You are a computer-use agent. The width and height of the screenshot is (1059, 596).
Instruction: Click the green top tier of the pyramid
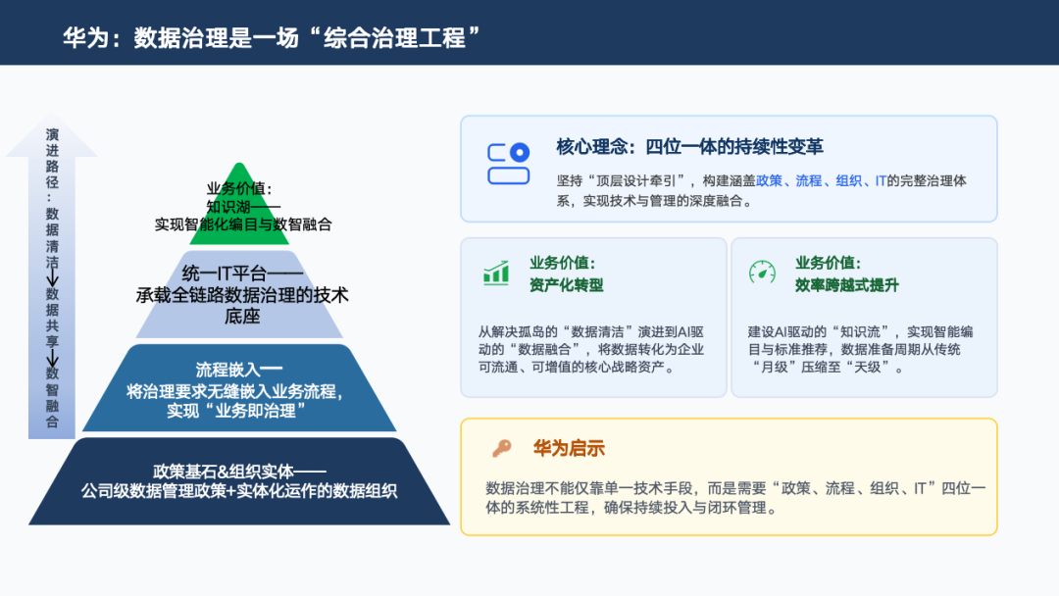tap(239, 209)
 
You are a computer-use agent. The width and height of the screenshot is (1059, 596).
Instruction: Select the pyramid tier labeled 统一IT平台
tap(239, 294)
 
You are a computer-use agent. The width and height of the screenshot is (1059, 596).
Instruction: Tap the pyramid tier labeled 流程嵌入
tap(239, 388)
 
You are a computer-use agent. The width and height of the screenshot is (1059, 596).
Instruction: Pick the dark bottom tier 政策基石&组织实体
tap(239, 481)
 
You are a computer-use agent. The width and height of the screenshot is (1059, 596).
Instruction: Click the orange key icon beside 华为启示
tap(502, 448)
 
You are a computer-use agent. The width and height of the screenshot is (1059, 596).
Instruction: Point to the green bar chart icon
tap(496, 273)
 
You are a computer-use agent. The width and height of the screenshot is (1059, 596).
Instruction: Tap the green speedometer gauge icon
tap(763, 272)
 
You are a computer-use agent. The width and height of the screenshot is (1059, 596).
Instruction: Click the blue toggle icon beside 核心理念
tap(509, 164)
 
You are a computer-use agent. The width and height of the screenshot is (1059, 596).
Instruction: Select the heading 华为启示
tap(569, 448)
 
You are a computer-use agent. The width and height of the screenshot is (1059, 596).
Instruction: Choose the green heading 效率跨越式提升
tap(846, 285)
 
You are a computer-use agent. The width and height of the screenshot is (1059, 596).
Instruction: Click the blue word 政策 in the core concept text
tap(770, 181)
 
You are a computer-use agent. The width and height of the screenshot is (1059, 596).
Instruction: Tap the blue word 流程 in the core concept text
tap(808, 181)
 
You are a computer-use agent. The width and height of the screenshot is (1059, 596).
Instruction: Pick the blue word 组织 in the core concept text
tap(848, 181)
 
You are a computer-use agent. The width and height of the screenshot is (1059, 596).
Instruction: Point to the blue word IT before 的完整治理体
tap(881, 181)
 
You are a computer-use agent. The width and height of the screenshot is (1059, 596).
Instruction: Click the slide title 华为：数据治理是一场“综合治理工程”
tap(272, 37)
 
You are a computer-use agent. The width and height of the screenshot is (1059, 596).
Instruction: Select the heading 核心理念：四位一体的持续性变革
tap(689, 146)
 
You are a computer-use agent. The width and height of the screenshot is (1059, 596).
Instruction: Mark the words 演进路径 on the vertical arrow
tap(52, 159)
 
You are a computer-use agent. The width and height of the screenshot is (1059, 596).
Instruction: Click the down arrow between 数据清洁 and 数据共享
tap(52, 277)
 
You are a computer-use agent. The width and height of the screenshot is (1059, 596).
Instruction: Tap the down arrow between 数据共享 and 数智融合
tap(52, 358)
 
